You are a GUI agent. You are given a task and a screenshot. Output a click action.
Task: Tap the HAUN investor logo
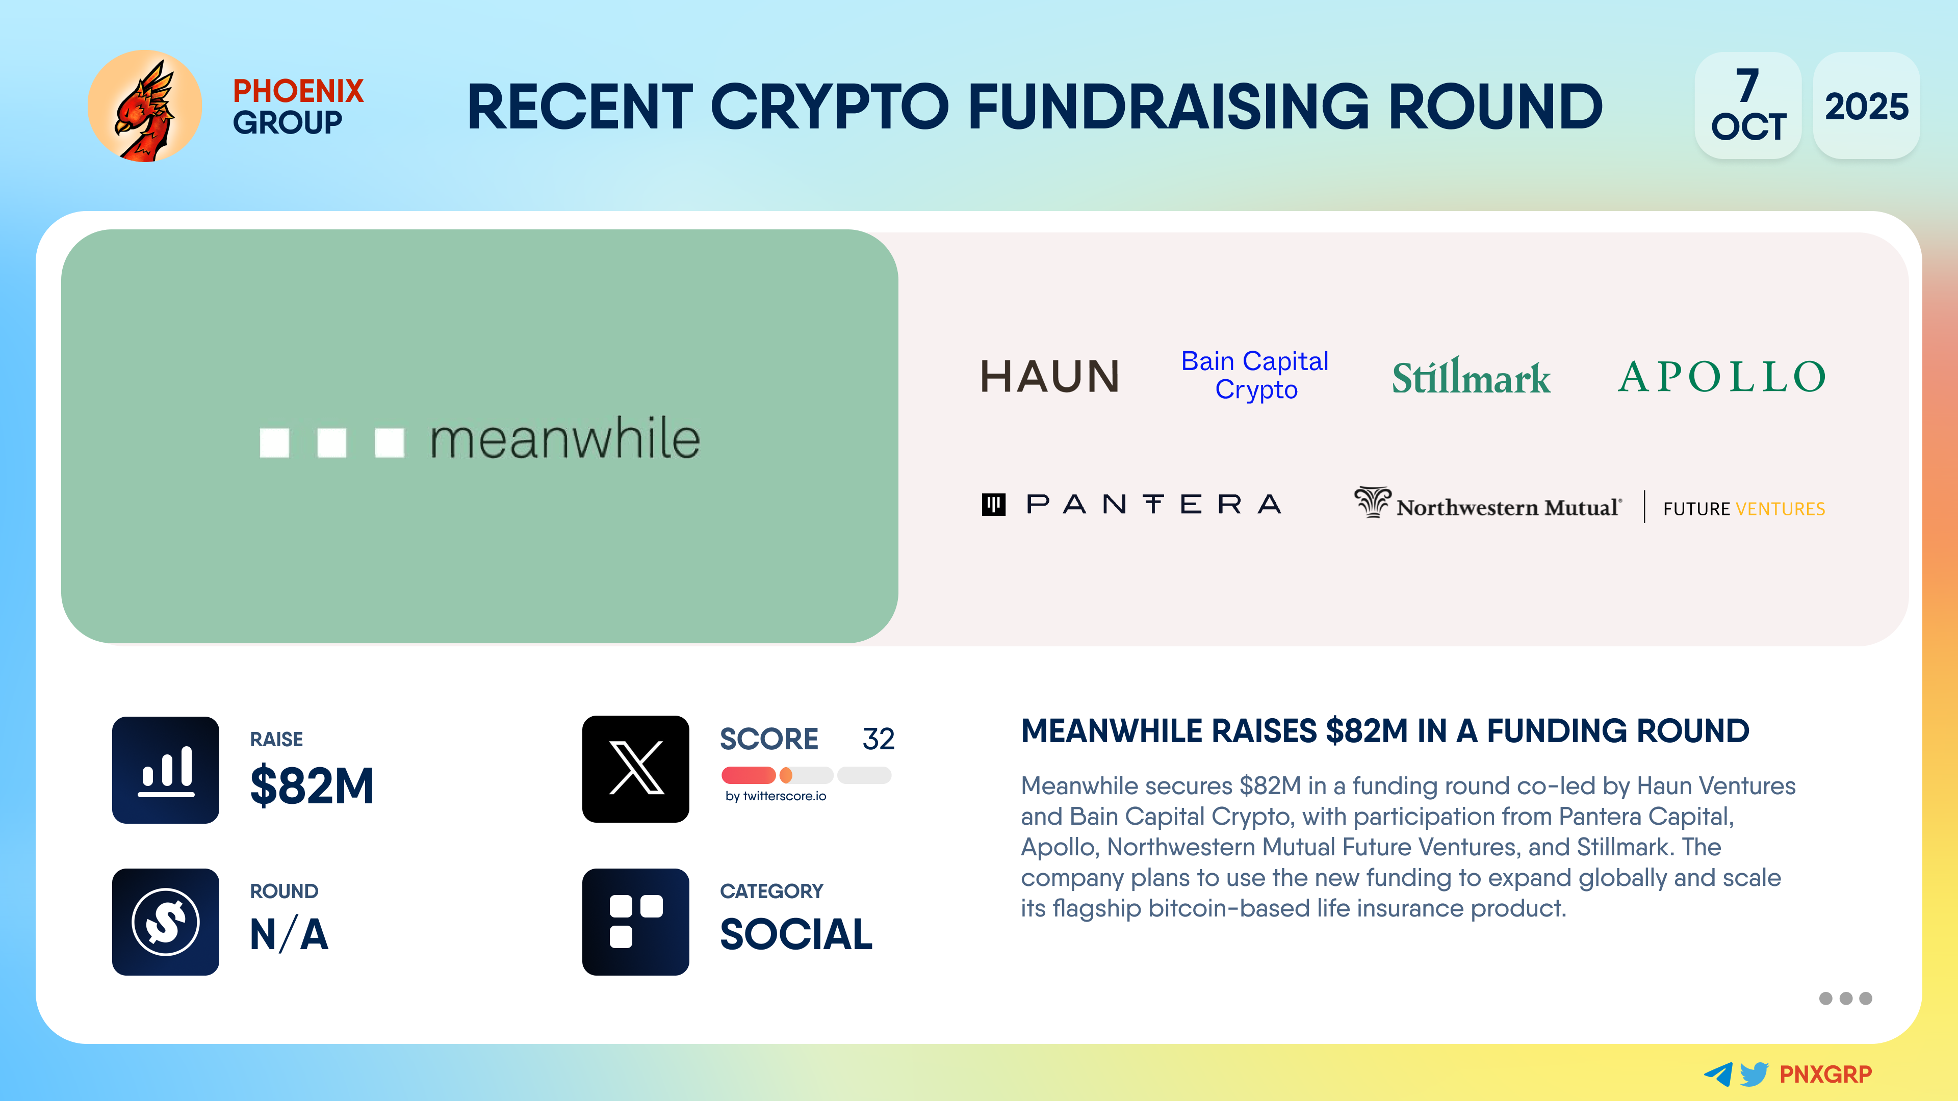[x=1050, y=376]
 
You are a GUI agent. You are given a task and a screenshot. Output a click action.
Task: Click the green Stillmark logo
[x=1471, y=376]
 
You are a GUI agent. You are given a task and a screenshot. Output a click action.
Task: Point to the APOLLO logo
[x=1721, y=376]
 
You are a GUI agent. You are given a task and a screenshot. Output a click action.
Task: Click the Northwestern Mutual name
[x=1509, y=508]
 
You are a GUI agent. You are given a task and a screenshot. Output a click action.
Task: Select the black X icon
[x=635, y=769]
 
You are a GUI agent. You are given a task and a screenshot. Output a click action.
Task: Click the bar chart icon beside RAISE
[x=166, y=770]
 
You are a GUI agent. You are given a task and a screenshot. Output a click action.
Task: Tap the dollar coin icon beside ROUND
[x=166, y=922]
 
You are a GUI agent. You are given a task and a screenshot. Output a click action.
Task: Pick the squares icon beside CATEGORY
[x=635, y=922]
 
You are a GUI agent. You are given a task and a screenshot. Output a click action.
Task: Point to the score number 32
[x=878, y=739]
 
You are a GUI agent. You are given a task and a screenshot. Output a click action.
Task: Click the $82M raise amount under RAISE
[x=312, y=785]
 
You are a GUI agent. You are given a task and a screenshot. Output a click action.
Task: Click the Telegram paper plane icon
[x=1718, y=1073]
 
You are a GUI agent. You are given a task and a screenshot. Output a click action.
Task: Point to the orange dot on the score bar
[x=786, y=775]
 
